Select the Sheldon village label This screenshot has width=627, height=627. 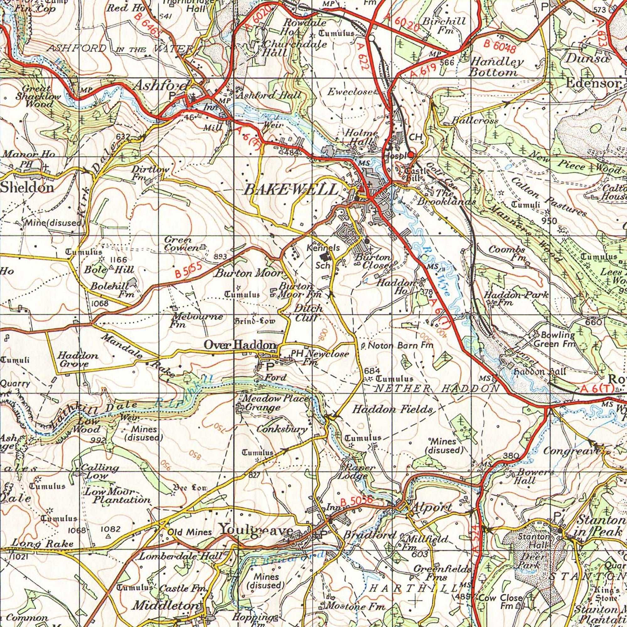pos(27,188)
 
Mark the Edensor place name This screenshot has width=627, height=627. pos(592,83)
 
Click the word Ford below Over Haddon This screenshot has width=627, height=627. pos(275,377)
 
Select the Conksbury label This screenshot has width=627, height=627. pos(282,429)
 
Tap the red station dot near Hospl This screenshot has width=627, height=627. pos(411,155)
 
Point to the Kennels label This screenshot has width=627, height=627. pos(323,248)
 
